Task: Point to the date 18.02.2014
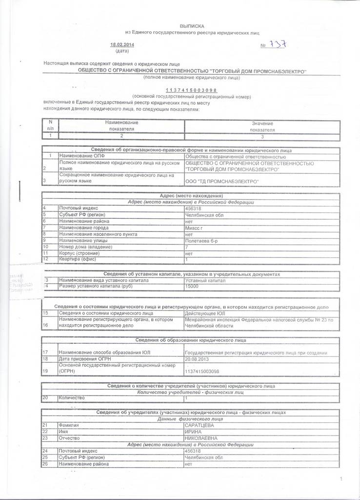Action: pyautogui.click(x=122, y=45)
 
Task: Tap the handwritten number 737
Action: pyautogui.click(x=278, y=45)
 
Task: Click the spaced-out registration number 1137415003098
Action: pyautogui.click(x=192, y=91)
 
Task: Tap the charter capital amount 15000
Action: pyautogui.click(x=192, y=286)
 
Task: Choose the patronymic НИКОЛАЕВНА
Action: pyautogui.click(x=201, y=438)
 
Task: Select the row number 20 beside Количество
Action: pyautogui.click(x=45, y=398)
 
